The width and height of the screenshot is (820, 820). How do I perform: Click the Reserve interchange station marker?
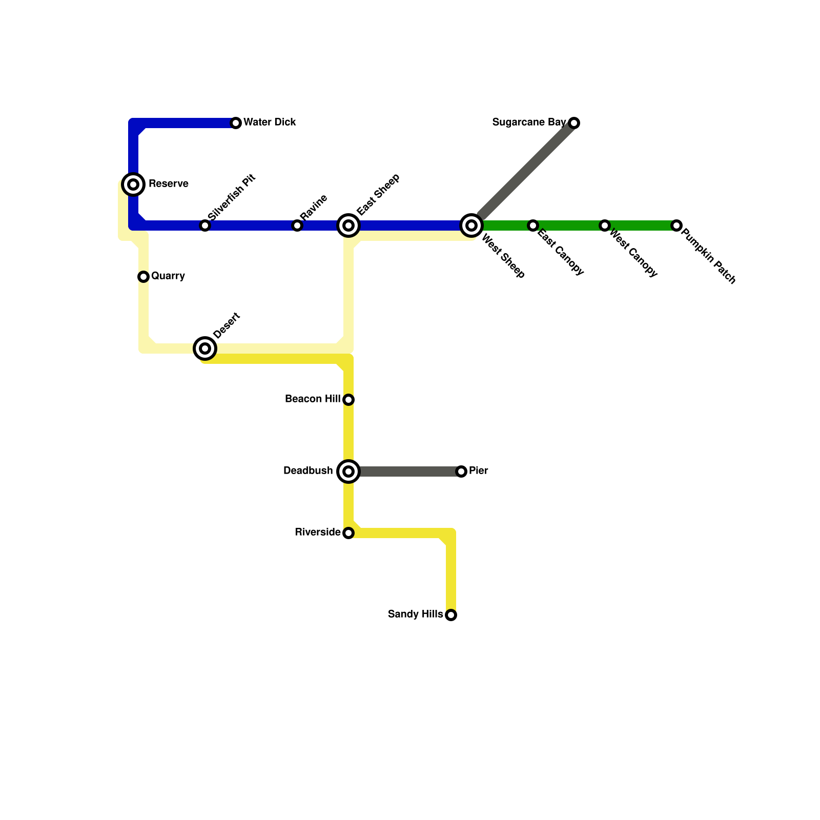tap(133, 184)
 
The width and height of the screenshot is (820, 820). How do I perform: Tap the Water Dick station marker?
tap(236, 123)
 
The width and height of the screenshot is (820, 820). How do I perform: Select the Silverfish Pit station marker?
tap(205, 225)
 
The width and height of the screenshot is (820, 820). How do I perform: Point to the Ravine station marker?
tap(297, 225)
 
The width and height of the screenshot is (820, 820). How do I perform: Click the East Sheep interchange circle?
tap(348, 225)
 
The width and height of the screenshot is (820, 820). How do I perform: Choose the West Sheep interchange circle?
tap(471, 225)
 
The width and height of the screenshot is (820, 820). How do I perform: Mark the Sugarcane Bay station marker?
tap(574, 123)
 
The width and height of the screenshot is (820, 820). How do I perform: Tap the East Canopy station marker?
tap(533, 225)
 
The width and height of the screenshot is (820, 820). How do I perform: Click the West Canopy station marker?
tap(605, 225)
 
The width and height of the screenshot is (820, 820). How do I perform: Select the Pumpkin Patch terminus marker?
tap(676, 225)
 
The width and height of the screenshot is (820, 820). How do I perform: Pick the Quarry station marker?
tap(143, 277)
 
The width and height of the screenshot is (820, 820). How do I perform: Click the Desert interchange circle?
tap(205, 348)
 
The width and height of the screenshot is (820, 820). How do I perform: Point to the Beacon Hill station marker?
tap(348, 400)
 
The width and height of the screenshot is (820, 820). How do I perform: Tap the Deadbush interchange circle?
tap(348, 471)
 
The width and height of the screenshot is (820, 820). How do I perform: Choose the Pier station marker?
tap(461, 471)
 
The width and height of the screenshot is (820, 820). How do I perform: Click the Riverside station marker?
tap(348, 533)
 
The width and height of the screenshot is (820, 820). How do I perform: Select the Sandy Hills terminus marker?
tap(451, 615)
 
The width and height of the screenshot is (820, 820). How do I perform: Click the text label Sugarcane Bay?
tap(528, 122)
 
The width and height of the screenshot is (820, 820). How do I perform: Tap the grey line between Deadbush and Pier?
tap(410, 471)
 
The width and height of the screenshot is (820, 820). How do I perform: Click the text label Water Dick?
tap(270, 122)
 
